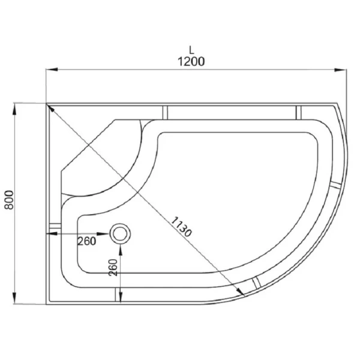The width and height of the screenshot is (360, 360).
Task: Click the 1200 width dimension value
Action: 191,62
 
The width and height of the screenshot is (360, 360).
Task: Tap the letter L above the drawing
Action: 191,50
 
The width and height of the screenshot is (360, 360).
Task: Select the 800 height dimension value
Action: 10,200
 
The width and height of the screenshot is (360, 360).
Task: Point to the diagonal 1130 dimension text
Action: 181,227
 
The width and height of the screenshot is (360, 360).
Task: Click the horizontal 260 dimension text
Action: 86,241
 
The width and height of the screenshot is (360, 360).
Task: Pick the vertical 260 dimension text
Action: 113,267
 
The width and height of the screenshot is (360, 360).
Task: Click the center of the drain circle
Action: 121,234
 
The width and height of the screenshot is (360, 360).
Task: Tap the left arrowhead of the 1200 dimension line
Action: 52,70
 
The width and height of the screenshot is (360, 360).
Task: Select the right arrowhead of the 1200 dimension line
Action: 340,70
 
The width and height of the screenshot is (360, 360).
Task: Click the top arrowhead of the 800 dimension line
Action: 14,109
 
